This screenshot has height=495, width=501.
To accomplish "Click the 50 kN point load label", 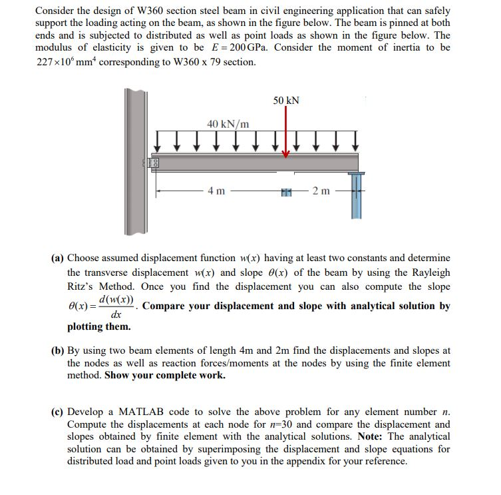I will (286, 100).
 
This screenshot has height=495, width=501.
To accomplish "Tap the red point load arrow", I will (286, 133).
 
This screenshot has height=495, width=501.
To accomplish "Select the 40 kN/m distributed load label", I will (228, 124).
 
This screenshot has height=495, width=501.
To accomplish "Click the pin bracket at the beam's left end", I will (152, 163).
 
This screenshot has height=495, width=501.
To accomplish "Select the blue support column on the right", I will (356, 196).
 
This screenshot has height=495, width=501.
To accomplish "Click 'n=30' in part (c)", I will (271, 424).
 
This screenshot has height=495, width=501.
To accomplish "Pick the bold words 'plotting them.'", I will (99, 327).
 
